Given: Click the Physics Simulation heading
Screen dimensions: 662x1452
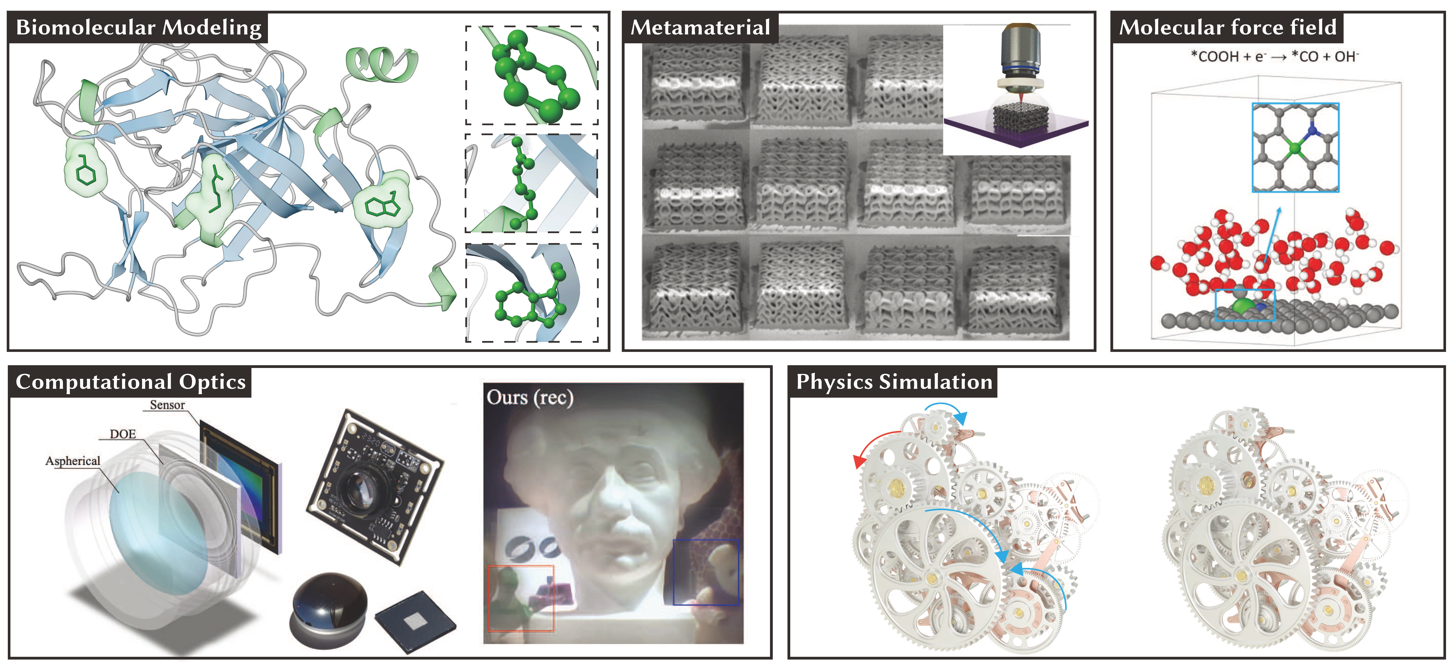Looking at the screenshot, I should [x=894, y=382].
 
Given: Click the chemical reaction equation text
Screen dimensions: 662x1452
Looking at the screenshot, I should [x=1274, y=56].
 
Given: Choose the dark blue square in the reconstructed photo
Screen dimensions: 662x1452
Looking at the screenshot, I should [x=706, y=572].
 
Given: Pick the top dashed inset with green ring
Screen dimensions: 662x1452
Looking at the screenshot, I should [x=531, y=75].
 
